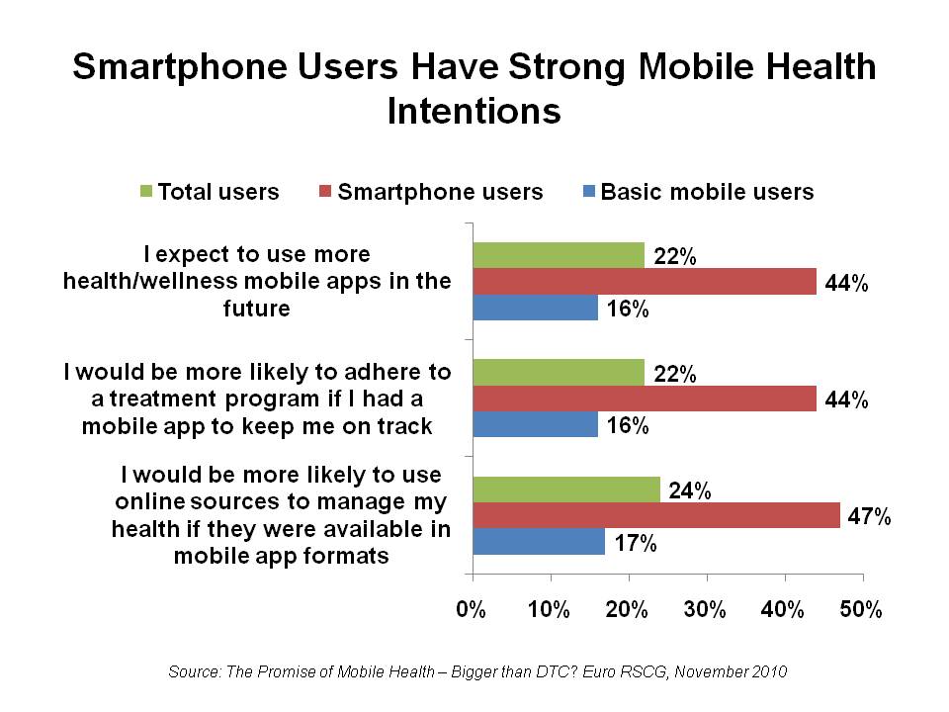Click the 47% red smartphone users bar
(656, 515)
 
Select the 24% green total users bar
(566, 489)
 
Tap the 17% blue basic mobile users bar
(539, 541)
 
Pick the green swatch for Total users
(148, 192)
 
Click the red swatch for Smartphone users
(326, 192)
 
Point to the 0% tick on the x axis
(473, 610)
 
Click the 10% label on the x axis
(550, 610)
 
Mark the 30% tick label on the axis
(706, 610)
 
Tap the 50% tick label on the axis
(861, 610)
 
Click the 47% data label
(870, 516)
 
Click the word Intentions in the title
(474, 110)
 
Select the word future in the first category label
(257, 308)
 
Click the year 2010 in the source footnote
(767, 672)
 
